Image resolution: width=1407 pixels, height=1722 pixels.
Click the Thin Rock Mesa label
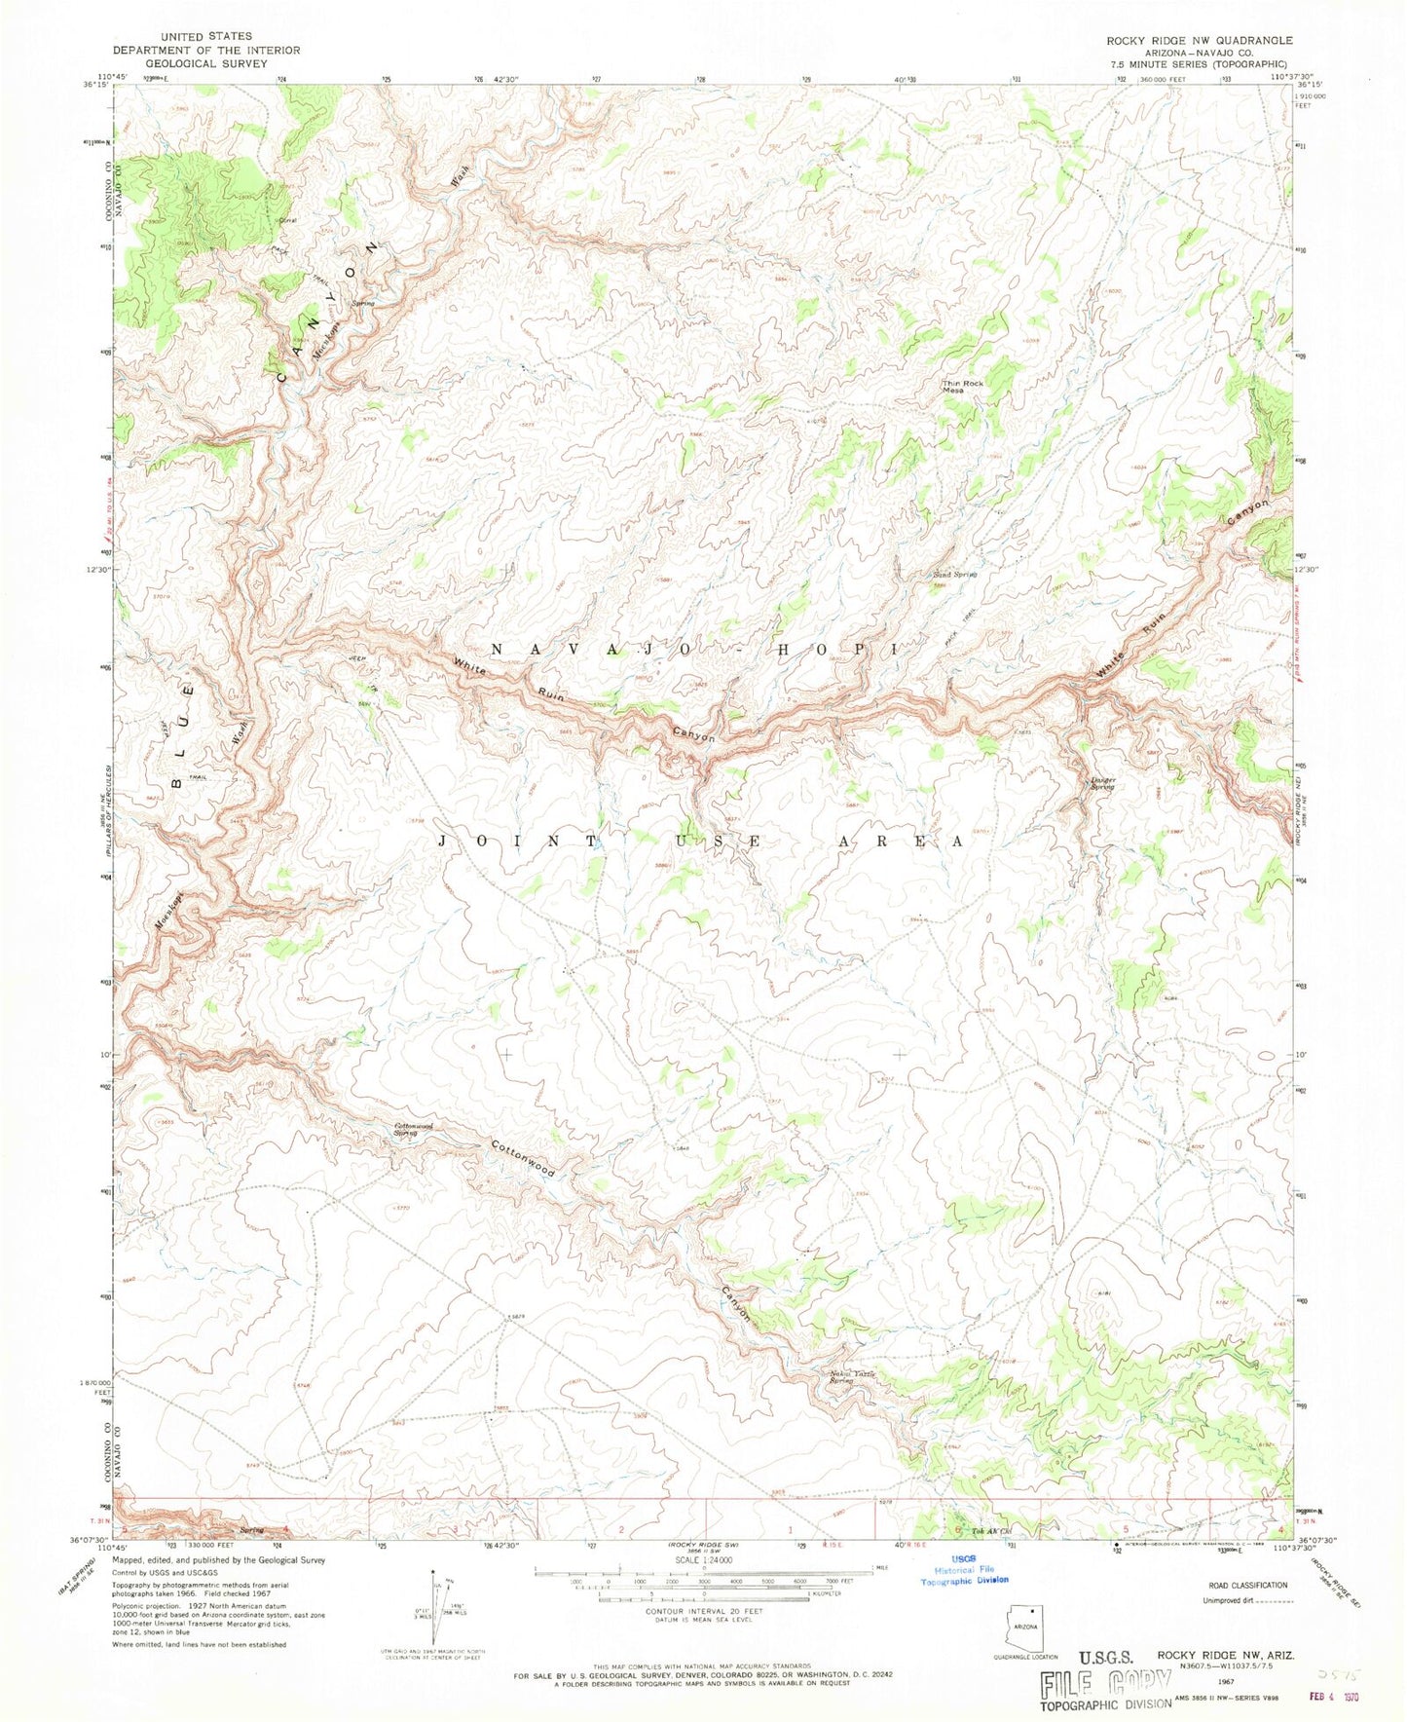[x=965, y=386]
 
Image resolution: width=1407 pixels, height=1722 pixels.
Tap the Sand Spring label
[x=954, y=575]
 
